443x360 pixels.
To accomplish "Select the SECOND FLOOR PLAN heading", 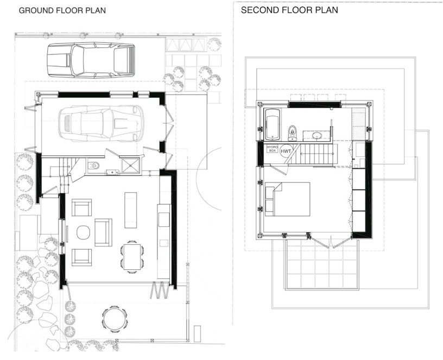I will point(289,10).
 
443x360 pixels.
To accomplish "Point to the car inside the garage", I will point(101,123).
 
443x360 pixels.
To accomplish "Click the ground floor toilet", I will point(93,166).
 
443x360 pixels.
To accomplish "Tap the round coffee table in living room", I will point(83,232).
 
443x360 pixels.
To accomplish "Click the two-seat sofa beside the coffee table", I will point(103,232).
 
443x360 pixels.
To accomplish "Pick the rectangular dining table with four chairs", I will point(132,255).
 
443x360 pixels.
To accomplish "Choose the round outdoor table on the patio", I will point(114,318).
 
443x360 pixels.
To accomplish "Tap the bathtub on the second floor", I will point(271,123).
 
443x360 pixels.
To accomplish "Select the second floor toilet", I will point(293,131).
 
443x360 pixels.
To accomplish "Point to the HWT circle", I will point(287,151).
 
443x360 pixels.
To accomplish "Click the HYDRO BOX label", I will point(271,149).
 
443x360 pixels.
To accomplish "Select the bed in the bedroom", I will point(288,199).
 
